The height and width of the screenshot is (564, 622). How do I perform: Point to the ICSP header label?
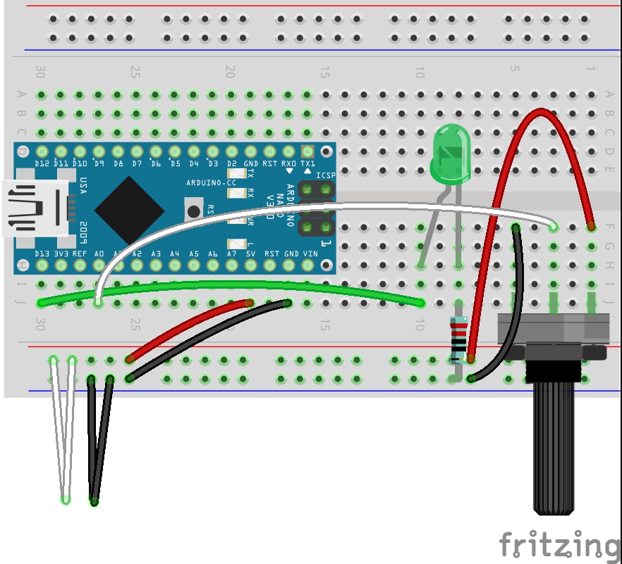click(325, 176)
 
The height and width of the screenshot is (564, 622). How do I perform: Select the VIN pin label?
click(309, 253)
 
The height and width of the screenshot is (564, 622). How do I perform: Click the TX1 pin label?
click(307, 163)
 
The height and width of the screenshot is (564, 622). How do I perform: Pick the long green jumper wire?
click(233, 284)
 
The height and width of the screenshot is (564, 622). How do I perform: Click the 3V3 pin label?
click(61, 253)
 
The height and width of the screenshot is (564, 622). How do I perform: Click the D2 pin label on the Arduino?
click(231, 163)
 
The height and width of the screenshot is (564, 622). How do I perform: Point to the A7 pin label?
click(231, 253)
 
